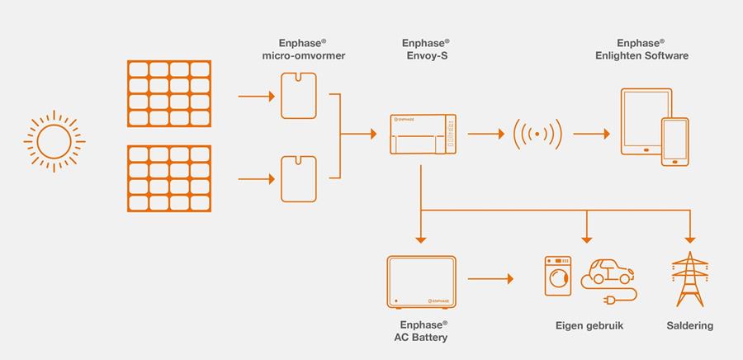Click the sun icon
tap(54, 140)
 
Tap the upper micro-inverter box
tap(298, 96)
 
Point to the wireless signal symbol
tap(537, 133)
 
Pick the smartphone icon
tap(674, 142)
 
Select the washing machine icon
tap(558, 274)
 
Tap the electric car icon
tap(608, 270)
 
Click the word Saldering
tap(689, 326)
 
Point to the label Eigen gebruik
tap(589, 326)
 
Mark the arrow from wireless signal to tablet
tap(590, 133)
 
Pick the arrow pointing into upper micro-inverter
tap(255, 96)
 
